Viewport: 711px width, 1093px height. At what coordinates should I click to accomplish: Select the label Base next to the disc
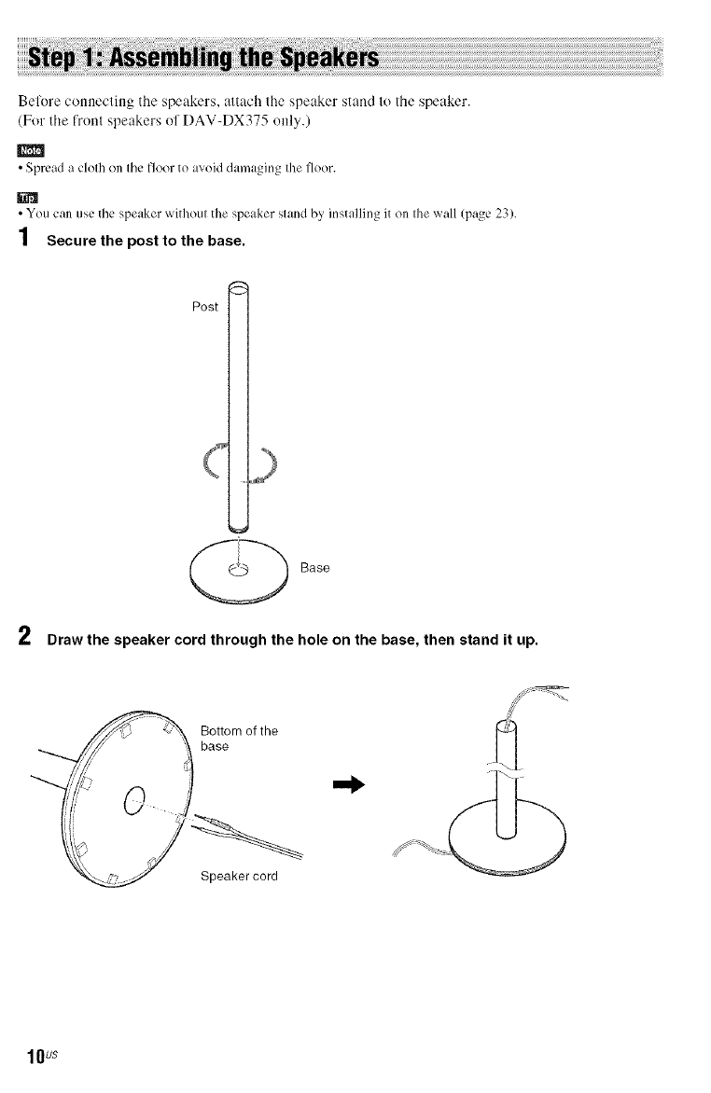tap(316, 567)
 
